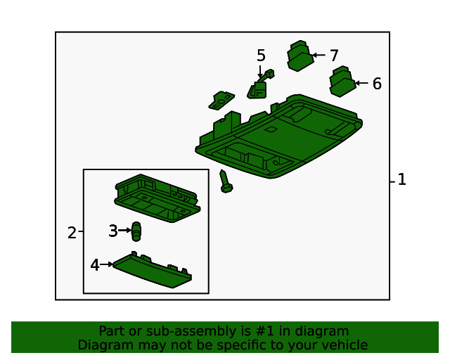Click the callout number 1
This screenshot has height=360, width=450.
401,179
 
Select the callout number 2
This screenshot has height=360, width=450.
72,233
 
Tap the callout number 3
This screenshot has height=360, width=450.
113,231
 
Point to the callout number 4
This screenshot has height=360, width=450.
95,264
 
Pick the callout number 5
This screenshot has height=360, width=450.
261,56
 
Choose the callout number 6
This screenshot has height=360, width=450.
377,84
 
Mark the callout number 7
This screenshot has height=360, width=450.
334,56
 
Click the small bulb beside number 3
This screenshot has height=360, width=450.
136,231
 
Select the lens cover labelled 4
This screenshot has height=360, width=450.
153,270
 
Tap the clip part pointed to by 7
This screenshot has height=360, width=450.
300,56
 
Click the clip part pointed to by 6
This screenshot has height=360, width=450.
343,82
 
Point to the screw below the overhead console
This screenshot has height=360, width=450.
226,181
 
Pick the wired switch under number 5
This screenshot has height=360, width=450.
259,85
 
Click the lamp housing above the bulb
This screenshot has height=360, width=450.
157,198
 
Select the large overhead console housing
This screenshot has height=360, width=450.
278,136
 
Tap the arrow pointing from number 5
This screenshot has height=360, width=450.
260,72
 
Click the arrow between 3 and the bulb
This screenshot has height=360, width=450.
124,230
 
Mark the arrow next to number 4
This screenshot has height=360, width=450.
106,264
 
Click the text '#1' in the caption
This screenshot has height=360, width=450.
264,331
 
